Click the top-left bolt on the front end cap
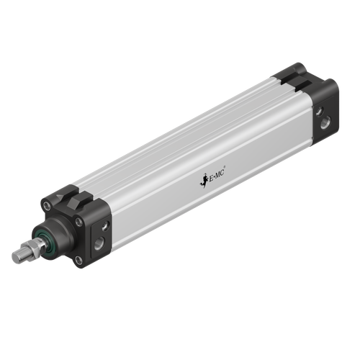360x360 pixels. click(x=47, y=206)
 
